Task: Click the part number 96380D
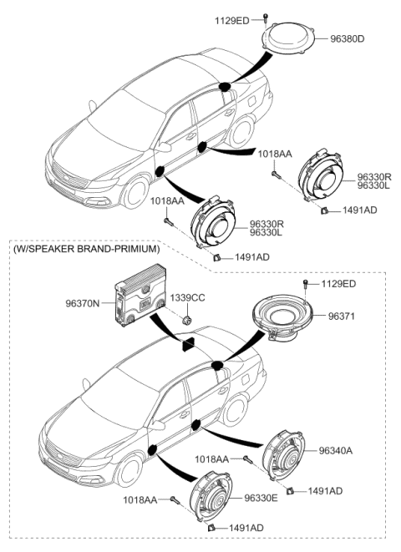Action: [x=348, y=38]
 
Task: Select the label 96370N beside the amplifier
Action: [x=83, y=303]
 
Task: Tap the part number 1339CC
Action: [x=187, y=298]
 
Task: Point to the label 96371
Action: [x=342, y=317]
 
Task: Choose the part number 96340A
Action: [x=336, y=451]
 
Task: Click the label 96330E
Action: [x=261, y=498]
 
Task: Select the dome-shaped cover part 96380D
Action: [x=288, y=38]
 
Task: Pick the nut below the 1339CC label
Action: [x=186, y=321]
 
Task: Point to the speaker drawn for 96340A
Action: [x=283, y=454]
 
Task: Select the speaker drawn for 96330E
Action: [x=211, y=496]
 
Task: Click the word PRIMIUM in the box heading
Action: [x=138, y=249]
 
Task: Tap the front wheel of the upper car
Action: [x=135, y=193]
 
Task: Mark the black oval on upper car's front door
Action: [x=160, y=171]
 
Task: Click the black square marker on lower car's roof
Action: [x=188, y=344]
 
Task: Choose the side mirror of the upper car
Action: [x=164, y=147]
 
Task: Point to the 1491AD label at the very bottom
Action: [x=246, y=528]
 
